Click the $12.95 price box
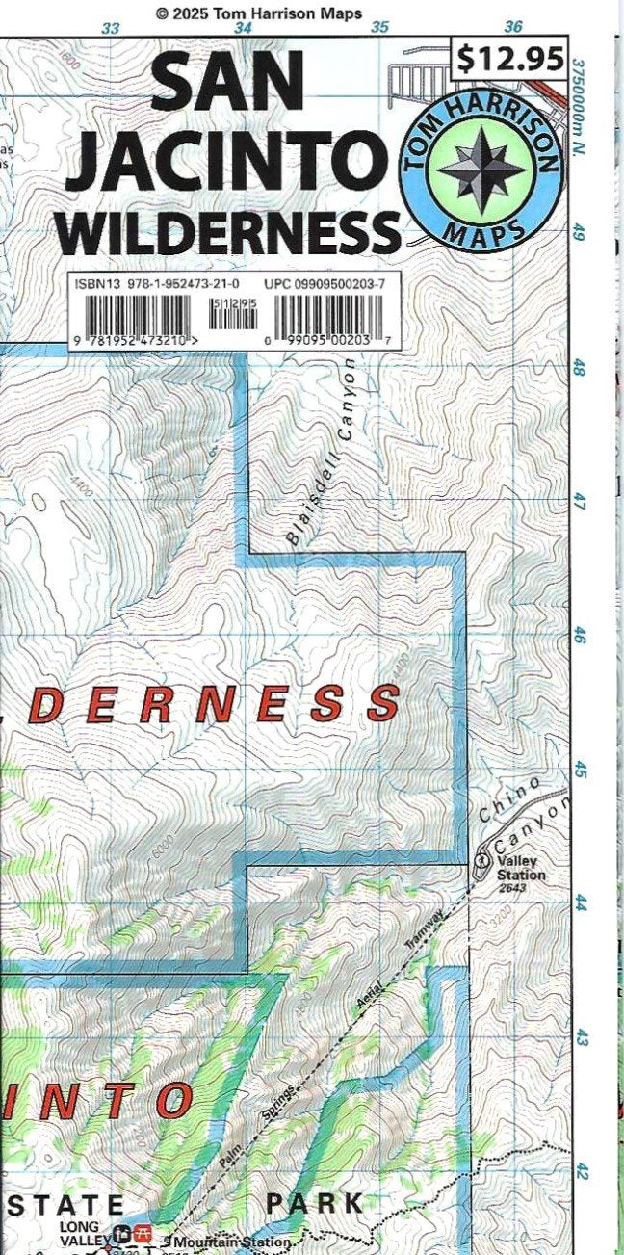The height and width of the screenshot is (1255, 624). (509, 60)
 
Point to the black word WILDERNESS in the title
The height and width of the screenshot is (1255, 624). (233, 231)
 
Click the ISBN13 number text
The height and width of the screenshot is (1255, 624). (157, 284)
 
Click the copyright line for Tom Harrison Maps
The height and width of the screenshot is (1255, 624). (259, 13)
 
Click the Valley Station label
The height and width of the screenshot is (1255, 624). (520, 870)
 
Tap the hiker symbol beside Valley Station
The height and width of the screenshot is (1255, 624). (481, 856)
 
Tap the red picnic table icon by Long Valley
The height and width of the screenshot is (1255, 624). (143, 1234)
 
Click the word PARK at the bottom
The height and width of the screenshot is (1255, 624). (315, 1203)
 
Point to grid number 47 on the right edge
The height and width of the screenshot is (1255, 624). (580, 502)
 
